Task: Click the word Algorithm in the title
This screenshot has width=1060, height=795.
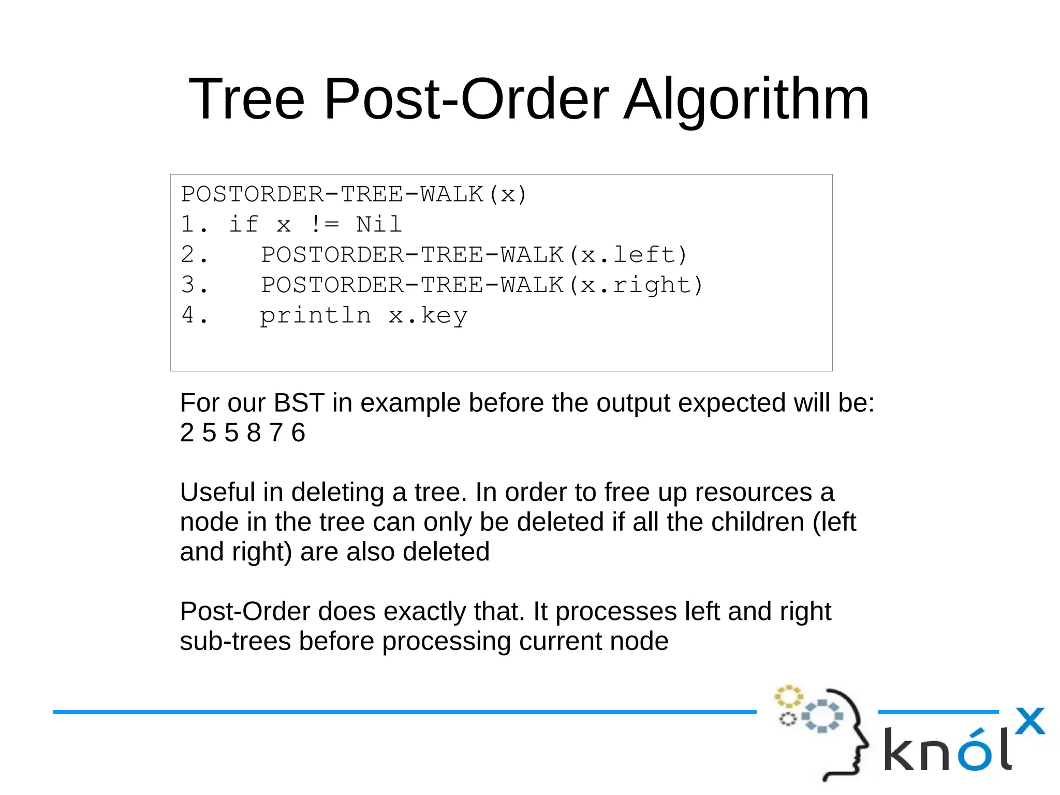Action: click(x=746, y=99)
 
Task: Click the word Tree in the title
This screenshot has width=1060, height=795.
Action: click(x=247, y=99)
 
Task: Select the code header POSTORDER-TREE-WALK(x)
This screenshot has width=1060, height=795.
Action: click(x=354, y=194)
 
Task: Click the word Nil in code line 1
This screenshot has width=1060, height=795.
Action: click(x=379, y=224)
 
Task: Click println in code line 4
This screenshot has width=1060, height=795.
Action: click(x=315, y=315)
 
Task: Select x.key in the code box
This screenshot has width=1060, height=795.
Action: click(x=428, y=315)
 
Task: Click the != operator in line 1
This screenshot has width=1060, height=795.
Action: click(x=325, y=224)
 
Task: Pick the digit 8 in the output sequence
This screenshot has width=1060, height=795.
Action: click(x=254, y=432)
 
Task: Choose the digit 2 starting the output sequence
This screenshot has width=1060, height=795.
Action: click(x=187, y=432)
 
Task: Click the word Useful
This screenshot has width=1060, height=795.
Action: click(x=217, y=492)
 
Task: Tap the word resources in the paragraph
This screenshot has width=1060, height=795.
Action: click(x=753, y=492)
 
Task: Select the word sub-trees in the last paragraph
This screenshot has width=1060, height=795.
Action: click(x=235, y=641)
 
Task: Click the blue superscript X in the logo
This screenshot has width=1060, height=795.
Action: click(x=1029, y=721)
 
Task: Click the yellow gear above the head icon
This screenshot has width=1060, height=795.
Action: click(x=788, y=697)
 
